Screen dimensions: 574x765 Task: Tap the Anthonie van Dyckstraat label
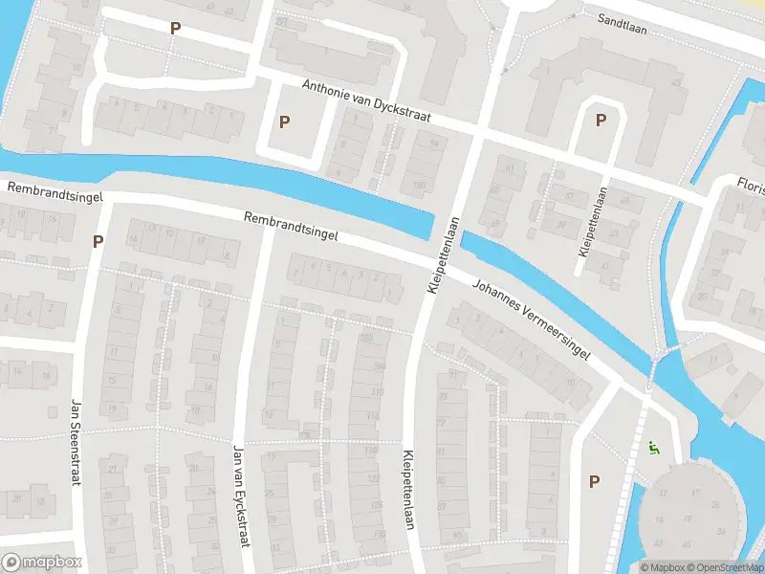click(x=367, y=101)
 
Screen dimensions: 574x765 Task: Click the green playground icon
click(x=653, y=446)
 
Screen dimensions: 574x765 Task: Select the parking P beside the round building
click(x=594, y=481)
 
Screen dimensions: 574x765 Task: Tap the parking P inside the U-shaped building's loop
click(x=601, y=121)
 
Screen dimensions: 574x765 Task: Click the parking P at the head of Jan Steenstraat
click(x=98, y=241)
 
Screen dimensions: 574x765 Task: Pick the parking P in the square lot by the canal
click(x=284, y=121)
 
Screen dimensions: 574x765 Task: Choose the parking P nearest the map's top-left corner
click(x=174, y=29)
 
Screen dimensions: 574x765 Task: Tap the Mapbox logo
click(x=41, y=563)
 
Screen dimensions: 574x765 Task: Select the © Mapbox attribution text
click(x=664, y=567)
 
